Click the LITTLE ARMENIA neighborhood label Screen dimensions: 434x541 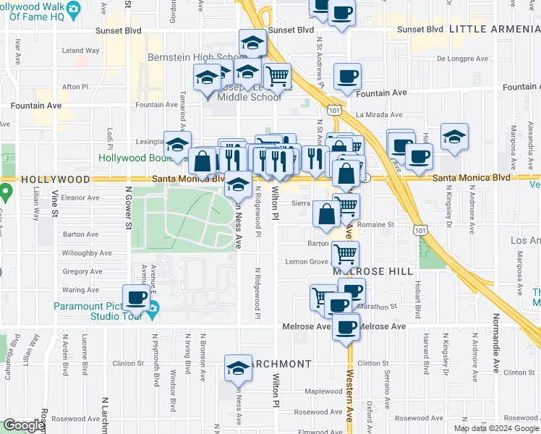(494, 29)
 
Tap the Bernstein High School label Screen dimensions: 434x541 (195, 58)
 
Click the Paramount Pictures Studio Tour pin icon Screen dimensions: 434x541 (153, 311)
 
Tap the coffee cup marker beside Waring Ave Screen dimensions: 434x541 (136, 297)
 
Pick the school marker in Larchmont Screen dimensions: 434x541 (237, 368)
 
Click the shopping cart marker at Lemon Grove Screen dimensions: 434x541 (345, 253)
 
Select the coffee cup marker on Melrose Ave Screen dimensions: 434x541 (346, 326)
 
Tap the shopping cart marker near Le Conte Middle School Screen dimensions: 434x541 (277, 75)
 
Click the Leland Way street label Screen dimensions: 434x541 (81, 51)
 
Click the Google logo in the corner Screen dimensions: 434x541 (25, 425)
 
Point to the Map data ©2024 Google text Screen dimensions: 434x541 (496, 428)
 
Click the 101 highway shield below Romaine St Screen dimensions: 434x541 (419, 229)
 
